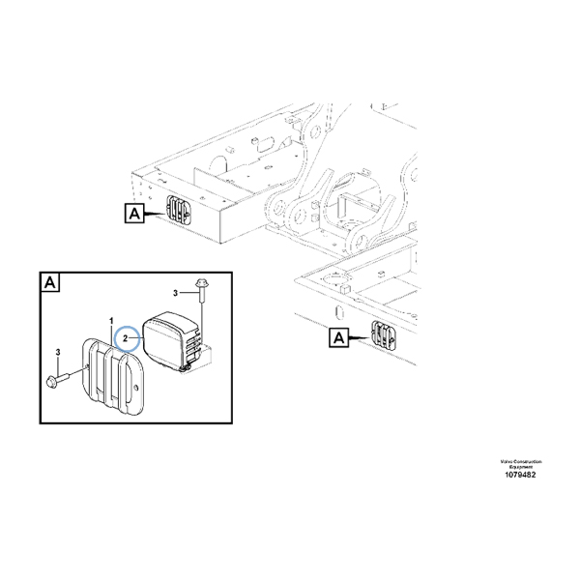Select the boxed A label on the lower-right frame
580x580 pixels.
click(x=339, y=337)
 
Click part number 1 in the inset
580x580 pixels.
click(x=112, y=320)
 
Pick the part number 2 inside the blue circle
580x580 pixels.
click(x=127, y=340)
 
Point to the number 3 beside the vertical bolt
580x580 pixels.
click(x=177, y=292)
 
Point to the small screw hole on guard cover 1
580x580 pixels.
click(x=139, y=390)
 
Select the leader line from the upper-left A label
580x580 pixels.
click(x=156, y=212)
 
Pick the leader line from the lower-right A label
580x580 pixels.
click(x=361, y=337)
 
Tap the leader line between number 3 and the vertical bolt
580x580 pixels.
click(x=189, y=292)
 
